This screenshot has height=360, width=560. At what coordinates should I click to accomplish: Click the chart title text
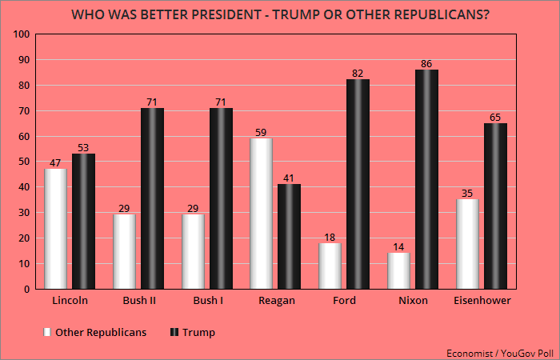pos(279,14)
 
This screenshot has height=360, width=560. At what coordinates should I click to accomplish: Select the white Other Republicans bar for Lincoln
pos(55,228)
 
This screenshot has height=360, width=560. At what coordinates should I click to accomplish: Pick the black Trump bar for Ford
pos(358,183)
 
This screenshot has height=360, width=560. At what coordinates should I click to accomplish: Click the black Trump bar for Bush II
pos(152,198)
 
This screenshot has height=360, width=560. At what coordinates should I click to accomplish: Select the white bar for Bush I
pos(193,251)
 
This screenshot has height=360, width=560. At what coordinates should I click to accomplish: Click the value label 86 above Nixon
pos(426,63)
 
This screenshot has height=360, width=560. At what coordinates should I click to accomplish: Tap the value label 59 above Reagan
pos(261,132)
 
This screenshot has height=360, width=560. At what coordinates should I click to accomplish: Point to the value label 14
pos(398,246)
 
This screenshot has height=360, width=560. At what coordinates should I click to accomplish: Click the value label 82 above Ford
pos(358,74)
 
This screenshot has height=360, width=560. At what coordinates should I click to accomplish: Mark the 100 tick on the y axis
pos(22,34)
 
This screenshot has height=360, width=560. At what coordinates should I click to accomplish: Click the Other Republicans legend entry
pos(94,332)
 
